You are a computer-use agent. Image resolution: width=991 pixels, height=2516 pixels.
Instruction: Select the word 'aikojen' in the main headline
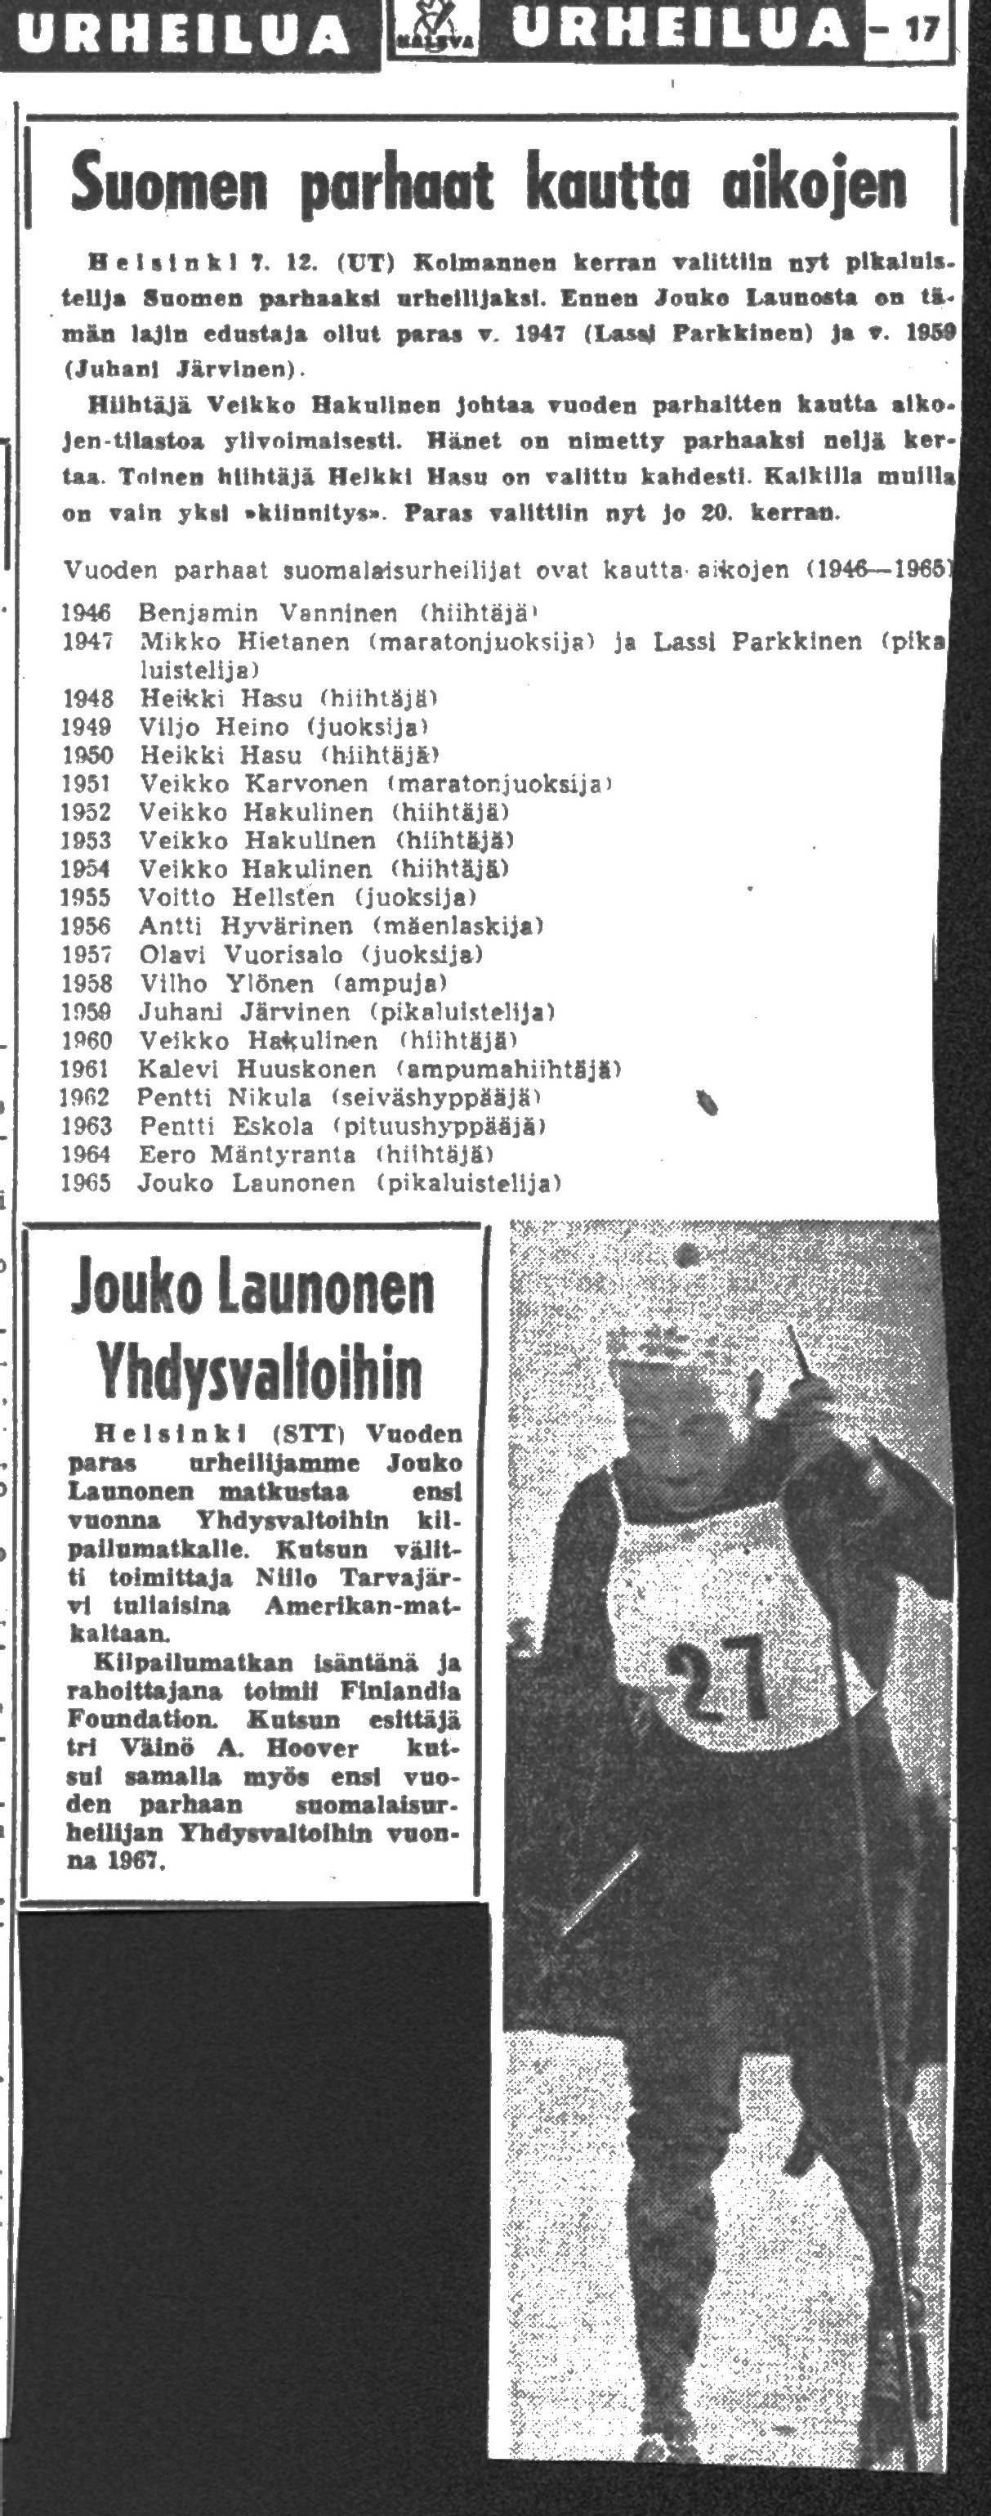[x=813, y=182]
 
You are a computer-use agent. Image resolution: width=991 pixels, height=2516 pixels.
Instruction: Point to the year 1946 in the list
[x=86, y=613]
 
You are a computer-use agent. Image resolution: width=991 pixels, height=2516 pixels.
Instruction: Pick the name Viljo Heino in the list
[x=214, y=727]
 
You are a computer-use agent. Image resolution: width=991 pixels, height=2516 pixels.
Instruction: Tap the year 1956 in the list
[x=86, y=925]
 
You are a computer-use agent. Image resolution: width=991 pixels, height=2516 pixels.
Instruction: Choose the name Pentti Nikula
[x=224, y=1097]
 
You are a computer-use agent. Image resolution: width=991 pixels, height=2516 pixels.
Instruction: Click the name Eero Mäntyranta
[x=247, y=1155]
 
